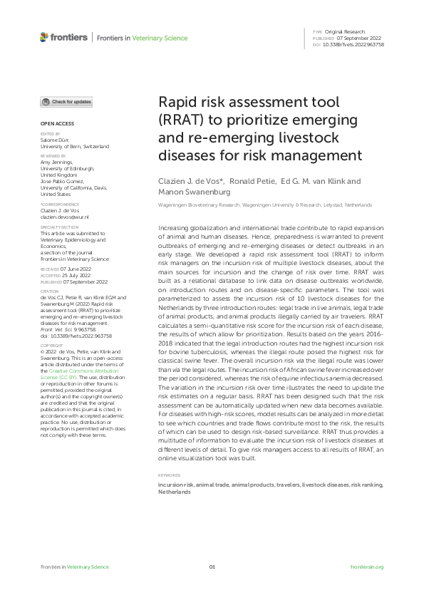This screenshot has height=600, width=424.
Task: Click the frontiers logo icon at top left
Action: [x=44, y=37]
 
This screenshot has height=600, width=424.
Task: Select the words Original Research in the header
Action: [x=345, y=32]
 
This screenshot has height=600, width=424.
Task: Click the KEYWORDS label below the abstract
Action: [x=168, y=475]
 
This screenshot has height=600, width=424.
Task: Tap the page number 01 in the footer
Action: [x=212, y=567]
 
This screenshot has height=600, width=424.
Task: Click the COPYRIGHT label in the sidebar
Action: [x=53, y=343]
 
